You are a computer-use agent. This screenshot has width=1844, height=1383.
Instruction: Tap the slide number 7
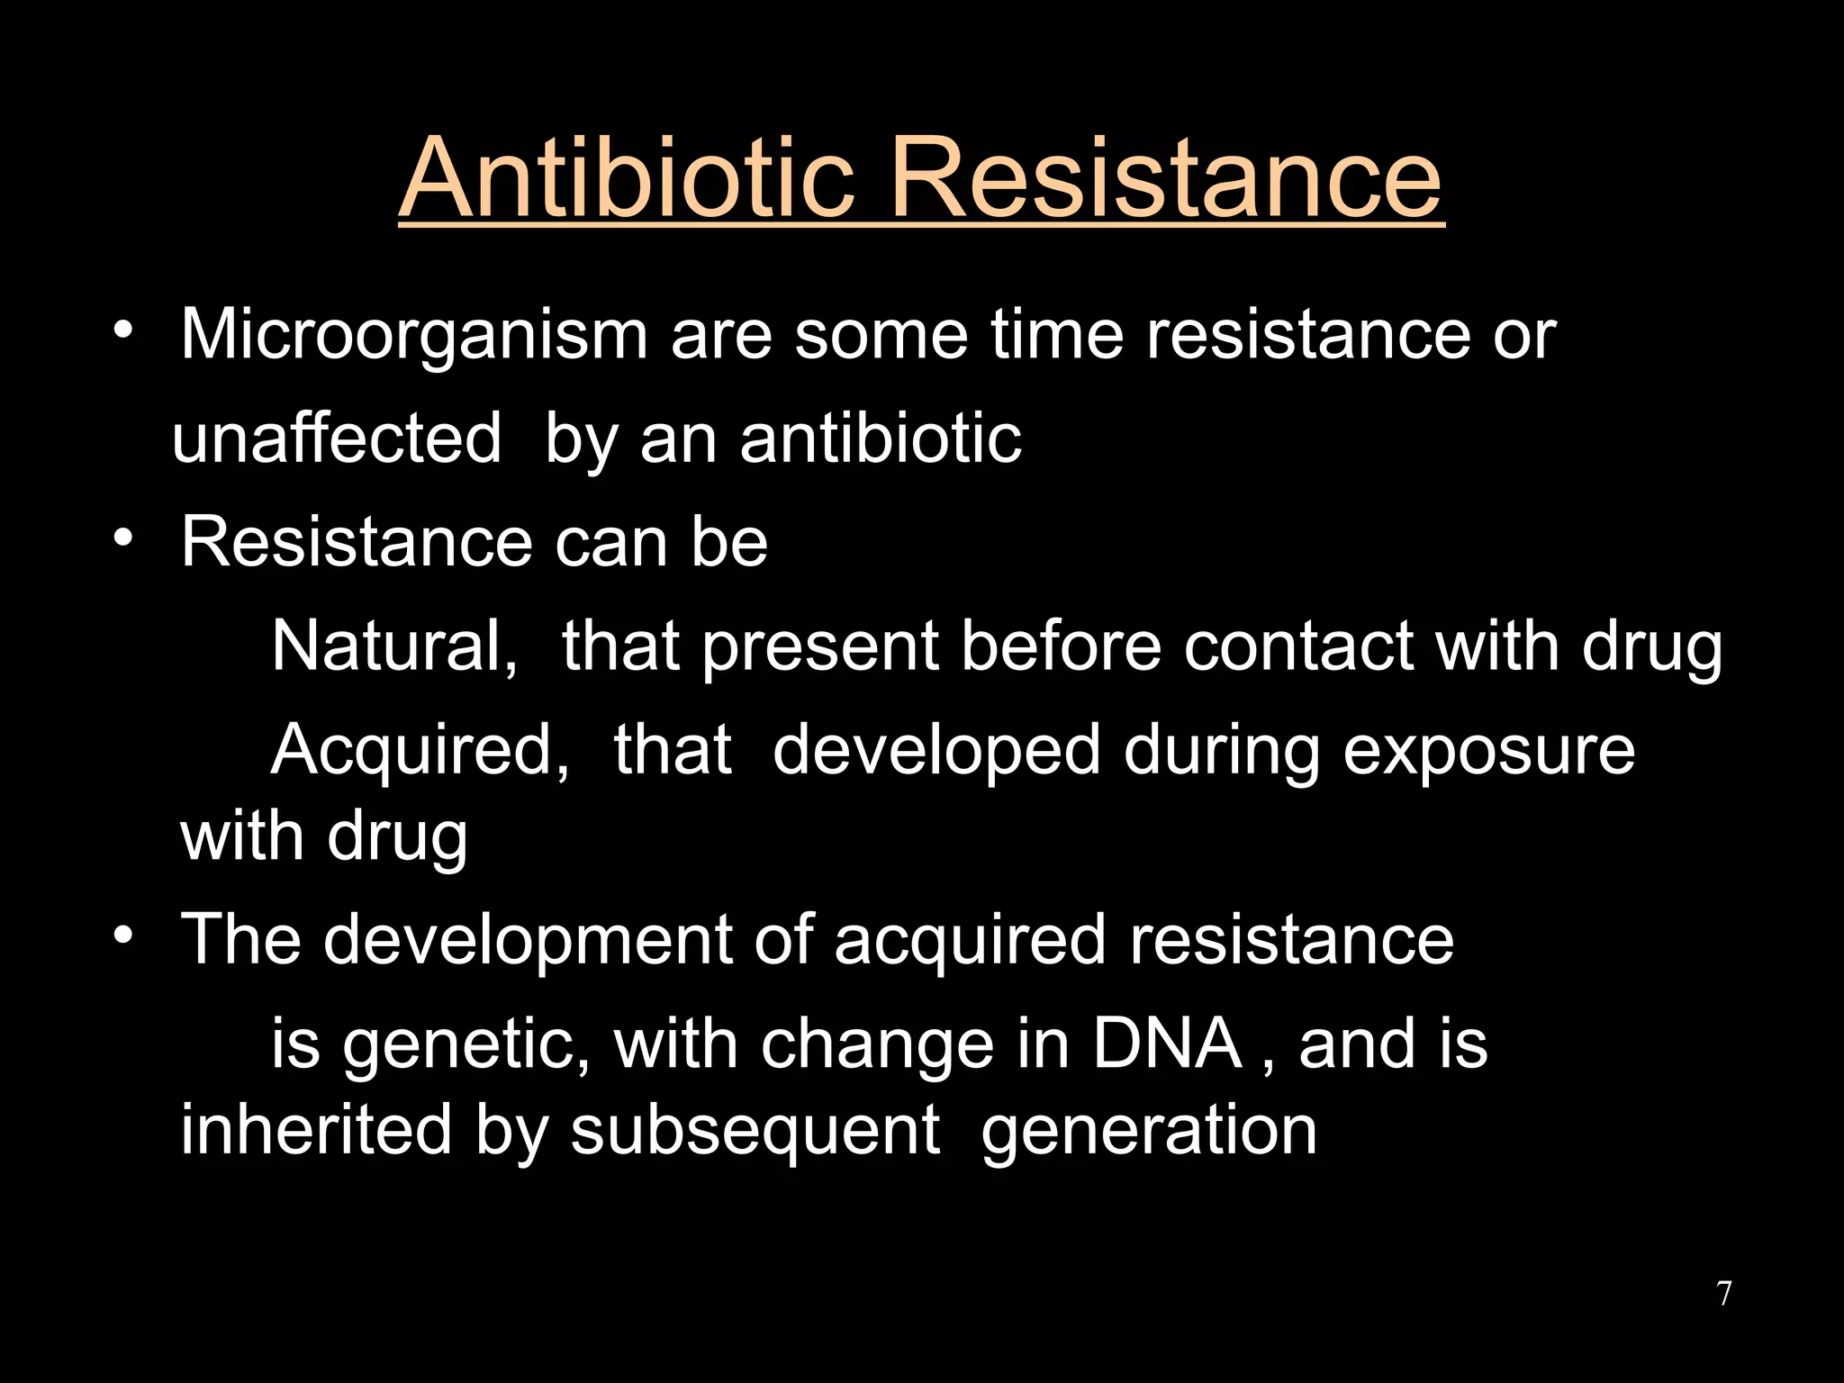point(1723,1294)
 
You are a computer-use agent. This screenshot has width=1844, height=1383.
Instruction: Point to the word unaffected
point(337,438)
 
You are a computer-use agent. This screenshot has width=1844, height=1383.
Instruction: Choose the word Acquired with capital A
point(420,750)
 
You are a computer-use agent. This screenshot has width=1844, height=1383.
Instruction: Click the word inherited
point(316,1130)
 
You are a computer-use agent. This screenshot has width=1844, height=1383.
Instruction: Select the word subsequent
point(755,1130)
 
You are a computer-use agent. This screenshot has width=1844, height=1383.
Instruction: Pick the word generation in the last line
point(1149,1132)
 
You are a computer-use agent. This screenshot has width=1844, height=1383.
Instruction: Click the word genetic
point(466,1045)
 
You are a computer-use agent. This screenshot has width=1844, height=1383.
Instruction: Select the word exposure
point(1488,750)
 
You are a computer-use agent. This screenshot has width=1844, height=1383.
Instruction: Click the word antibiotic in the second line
point(881,438)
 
